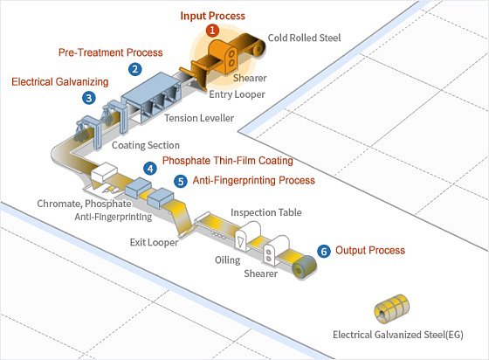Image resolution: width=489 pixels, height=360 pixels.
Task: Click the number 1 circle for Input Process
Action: tap(212, 31)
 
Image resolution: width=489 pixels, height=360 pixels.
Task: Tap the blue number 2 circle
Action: tap(135, 69)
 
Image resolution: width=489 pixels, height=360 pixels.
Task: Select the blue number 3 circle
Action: tap(89, 98)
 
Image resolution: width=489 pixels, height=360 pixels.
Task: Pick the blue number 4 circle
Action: tap(150, 169)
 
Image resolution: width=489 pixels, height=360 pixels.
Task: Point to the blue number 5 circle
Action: tap(181, 181)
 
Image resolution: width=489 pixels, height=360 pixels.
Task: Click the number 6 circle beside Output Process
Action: tap(324, 251)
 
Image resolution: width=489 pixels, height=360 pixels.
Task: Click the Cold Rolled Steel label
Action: tap(304, 38)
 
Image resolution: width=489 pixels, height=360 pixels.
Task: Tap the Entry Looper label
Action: tap(237, 94)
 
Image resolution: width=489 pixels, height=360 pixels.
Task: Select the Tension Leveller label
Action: tap(199, 118)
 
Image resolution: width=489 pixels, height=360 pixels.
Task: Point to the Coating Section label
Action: tap(146, 145)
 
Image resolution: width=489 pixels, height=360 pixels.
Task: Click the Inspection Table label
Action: tap(266, 212)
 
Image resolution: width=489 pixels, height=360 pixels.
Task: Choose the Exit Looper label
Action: tap(154, 242)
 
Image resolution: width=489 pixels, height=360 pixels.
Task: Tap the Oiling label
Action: tap(227, 260)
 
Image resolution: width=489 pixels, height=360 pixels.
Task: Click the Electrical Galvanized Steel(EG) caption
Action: tap(398, 335)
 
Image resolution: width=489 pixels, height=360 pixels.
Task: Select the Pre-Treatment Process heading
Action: tap(110, 52)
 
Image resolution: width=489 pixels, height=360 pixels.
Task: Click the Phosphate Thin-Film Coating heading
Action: tap(228, 161)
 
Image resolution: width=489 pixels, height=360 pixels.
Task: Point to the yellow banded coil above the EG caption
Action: tap(392, 308)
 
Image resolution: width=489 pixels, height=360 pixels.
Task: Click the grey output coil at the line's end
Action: tap(305, 267)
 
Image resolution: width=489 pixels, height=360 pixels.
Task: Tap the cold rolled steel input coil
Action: tap(258, 47)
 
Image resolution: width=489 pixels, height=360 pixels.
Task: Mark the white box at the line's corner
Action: tap(104, 172)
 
